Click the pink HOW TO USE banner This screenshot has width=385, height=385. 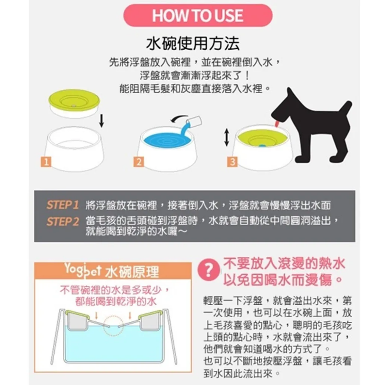coord(198,15)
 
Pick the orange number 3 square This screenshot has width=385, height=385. coord(231,162)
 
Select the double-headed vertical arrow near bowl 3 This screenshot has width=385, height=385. coord(227,137)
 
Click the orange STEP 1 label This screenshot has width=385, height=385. coord(63,205)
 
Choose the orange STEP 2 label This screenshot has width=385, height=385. coord(63,222)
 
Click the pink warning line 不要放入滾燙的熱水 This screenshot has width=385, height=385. coord(284,264)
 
